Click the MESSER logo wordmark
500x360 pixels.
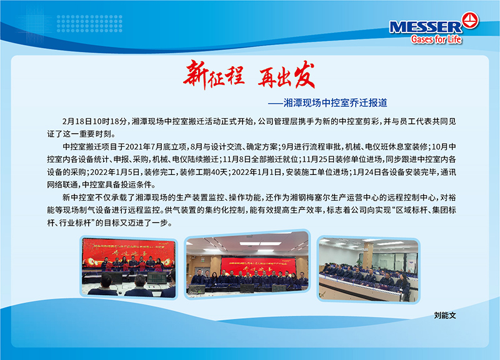(426, 27)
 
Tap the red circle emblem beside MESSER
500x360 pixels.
(470, 21)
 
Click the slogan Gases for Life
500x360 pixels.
(436, 39)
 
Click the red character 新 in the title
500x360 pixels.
(195, 74)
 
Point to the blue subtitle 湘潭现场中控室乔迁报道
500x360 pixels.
(336, 102)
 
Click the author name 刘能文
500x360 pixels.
(445, 316)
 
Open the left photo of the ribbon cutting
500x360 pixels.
(129, 267)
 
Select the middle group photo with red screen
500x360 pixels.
(247, 264)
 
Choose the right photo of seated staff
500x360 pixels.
(368, 270)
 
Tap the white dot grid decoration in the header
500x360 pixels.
(89, 23)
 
